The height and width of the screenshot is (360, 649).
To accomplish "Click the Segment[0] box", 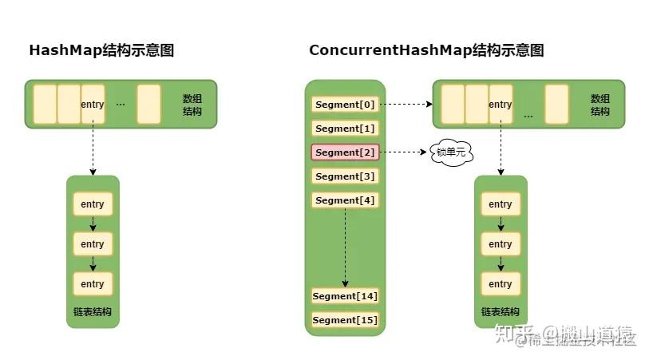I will [345, 105].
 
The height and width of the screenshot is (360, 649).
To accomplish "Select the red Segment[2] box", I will [345, 152].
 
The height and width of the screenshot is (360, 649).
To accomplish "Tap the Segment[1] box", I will [345, 129].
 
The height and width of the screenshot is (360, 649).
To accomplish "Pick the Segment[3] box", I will [345, 176].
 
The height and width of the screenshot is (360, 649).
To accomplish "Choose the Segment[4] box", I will [345, 200].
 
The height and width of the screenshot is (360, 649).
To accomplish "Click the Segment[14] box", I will [345, 296].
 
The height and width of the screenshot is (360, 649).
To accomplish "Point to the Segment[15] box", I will [345, 320].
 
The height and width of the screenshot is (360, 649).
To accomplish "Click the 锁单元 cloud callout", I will [449, 152].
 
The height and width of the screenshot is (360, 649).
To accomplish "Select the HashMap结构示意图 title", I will [101, 50].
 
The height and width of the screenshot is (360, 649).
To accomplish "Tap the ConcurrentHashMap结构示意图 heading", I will [426, 50].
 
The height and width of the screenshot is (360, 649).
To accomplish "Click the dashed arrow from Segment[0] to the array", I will [406, 105].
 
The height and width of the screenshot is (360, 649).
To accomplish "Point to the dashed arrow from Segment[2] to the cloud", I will [404, 152].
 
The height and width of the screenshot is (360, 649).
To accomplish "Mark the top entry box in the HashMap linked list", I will [93, 204].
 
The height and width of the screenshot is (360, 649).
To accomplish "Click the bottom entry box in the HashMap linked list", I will [93, 283].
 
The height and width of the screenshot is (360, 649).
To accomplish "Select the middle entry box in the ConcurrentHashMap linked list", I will [501, 243].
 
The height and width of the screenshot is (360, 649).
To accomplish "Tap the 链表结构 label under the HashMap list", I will [93, 311].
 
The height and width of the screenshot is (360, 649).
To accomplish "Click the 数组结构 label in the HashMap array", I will [192, 105].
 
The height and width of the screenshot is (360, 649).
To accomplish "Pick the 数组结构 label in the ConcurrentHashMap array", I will [600, 105].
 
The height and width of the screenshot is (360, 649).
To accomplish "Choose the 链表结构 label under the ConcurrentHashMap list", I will [501, 311].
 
